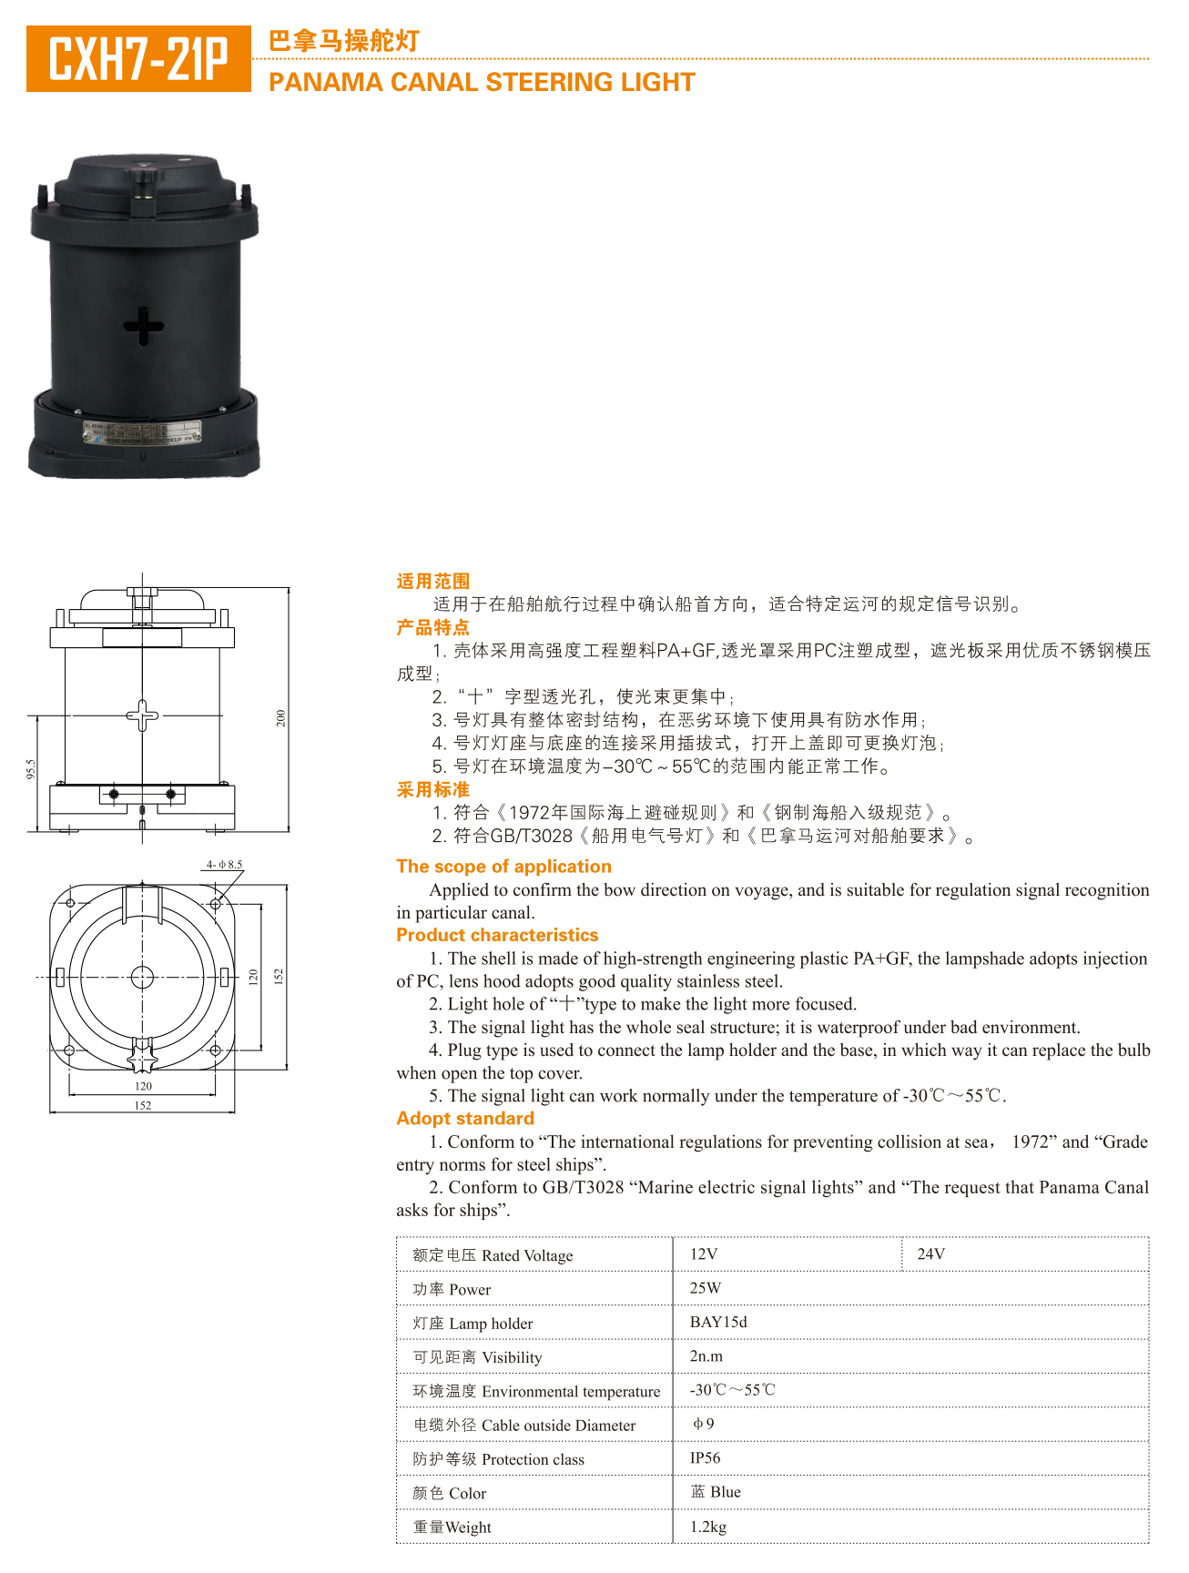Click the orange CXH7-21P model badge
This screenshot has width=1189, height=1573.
click(138, 58)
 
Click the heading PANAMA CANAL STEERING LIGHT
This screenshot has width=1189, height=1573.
click(482, 83)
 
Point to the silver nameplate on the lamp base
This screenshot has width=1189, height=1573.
click(144, 431)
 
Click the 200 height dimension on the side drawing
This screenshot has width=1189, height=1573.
click(281, 718)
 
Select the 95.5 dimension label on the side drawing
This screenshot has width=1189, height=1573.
click(30, 769)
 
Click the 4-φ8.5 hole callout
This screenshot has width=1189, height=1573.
click(224, 865)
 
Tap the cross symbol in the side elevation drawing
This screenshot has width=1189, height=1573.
click(142, 715)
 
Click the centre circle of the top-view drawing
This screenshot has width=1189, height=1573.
click(142, 977)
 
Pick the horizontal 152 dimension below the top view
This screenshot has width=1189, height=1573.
click(143, 1105)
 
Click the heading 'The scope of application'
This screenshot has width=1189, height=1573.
click(503, 867)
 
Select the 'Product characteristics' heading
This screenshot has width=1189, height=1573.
click(497, 935)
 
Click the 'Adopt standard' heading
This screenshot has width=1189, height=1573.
click(465, 1119)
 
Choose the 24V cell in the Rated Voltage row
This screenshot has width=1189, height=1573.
click(930, 1254)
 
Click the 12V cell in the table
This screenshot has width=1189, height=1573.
click(704, 1254)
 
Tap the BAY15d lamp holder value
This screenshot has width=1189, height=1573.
click(718, 1322)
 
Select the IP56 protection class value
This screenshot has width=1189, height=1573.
click(705, 1458)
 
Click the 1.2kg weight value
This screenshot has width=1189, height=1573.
click(707, 1527)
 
